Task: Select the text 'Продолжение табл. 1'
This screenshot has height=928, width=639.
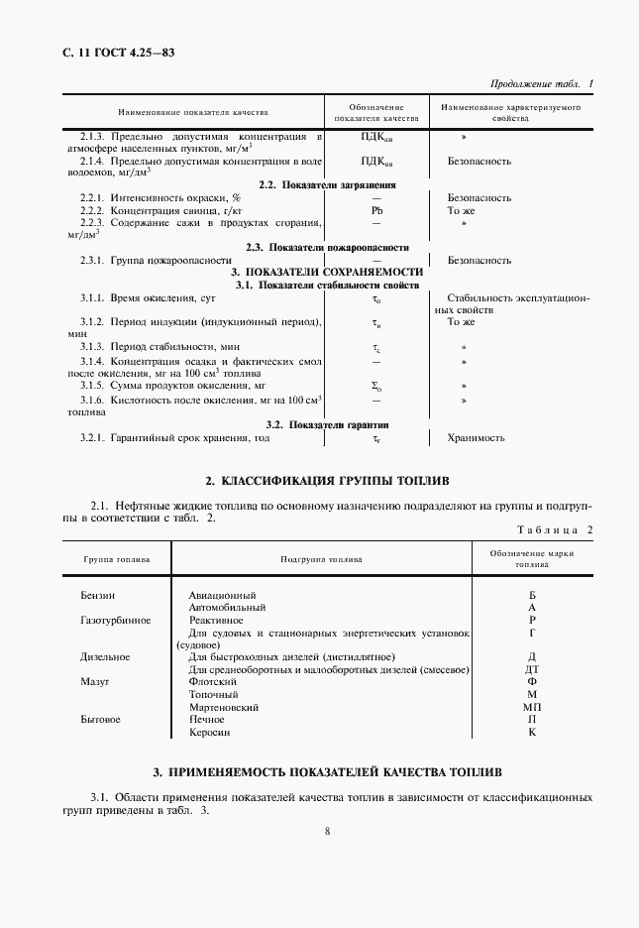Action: tap(543, 85)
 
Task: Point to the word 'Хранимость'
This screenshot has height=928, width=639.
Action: tap(477, 437)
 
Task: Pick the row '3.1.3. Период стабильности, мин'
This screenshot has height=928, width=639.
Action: tap(160, 347)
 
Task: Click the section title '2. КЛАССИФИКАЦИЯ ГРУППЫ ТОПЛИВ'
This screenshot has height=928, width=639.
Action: tap(327, 481)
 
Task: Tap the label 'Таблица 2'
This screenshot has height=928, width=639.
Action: tap(555, 530)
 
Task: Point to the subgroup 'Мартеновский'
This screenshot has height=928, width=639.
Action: tap(223, 708)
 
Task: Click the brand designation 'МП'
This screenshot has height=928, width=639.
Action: tap(532, 708)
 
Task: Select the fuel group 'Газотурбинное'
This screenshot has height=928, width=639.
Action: tap(115, 620)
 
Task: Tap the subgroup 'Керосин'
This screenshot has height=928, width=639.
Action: tap(209, 733)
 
